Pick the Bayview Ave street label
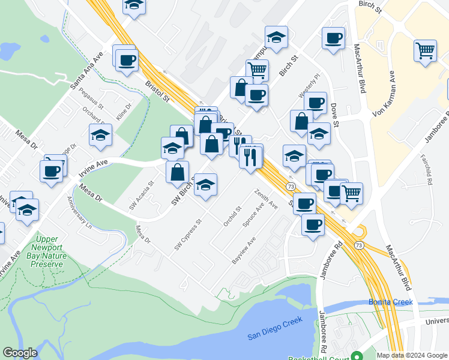pos(244,250)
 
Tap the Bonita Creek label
pos(391,302)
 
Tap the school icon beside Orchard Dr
pos(101,136)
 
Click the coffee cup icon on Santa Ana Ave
pos(127,60)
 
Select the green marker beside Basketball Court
pos(357,355)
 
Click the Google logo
pos(20,353)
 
